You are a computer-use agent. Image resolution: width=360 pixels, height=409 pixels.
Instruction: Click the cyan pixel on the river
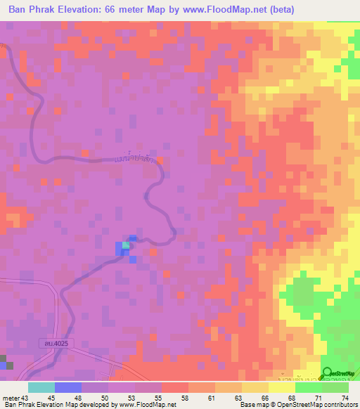[126, 245]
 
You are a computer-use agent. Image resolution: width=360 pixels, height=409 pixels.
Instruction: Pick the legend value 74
[345, 398]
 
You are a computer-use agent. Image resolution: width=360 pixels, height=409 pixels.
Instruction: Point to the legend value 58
[184, 398]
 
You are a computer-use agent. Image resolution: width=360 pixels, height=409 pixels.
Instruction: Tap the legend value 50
[104, 398]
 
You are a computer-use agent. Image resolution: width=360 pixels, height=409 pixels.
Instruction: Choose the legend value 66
[264, 398]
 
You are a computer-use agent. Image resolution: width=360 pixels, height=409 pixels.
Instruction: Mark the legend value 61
[211, 398]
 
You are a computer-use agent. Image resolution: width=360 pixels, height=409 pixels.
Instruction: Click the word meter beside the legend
[10, 398]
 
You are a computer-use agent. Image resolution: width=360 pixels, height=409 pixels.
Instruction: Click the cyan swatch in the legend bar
[41, 387]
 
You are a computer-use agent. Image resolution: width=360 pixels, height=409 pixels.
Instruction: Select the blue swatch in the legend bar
[68, 387]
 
